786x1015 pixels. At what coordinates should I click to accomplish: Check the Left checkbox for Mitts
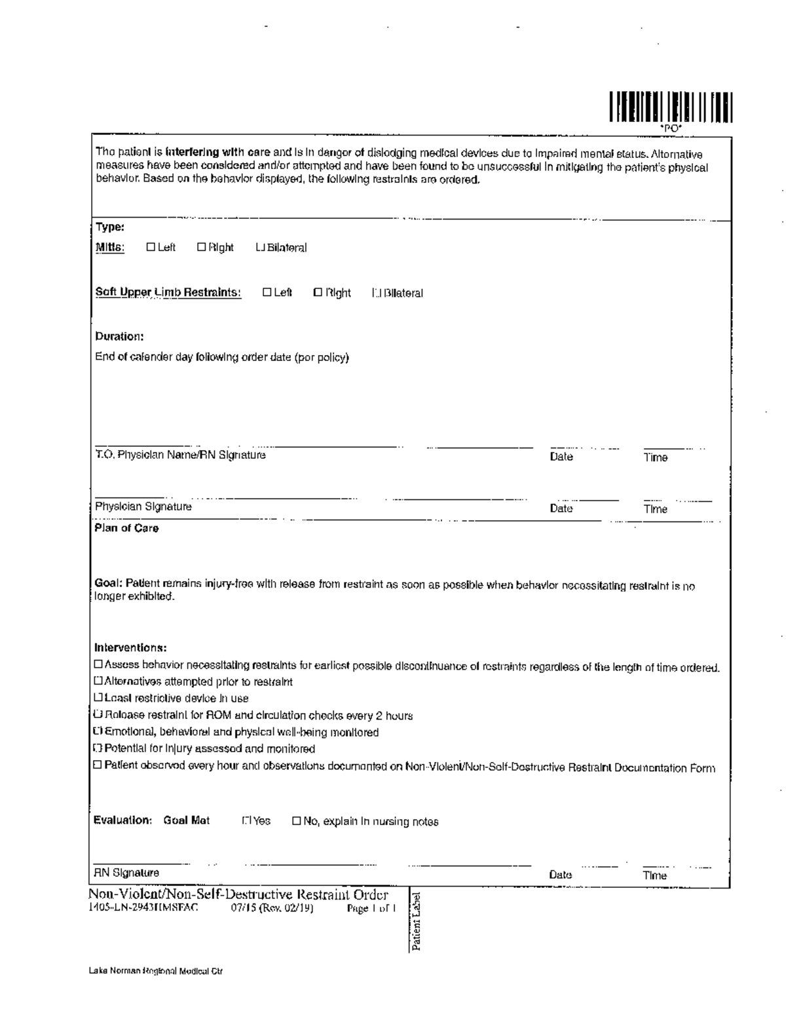(151, 247)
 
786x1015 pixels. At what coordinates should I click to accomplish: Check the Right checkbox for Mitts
(202, 247)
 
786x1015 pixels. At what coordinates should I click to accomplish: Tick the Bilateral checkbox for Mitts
(260, 248)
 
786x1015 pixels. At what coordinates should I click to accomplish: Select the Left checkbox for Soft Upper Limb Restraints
(267, 292)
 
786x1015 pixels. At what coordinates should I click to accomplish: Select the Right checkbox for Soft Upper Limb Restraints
(318, 292)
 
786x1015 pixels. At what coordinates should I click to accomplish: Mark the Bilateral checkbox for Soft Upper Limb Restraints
(376, 293)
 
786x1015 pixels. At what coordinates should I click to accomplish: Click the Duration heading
(119, 336)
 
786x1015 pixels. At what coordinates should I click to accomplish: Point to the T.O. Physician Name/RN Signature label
(180, 455)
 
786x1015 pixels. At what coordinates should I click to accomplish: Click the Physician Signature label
(143, 507)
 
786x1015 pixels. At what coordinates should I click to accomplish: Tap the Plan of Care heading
(126, 528)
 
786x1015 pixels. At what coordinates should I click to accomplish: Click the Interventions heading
(130, 647)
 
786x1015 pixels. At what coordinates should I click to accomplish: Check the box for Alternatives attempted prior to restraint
(99, 681)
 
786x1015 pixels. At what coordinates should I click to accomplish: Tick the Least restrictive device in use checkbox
(99, 698)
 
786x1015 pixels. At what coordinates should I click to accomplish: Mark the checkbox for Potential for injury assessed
(99, 748)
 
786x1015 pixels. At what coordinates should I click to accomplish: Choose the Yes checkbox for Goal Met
(246, 820)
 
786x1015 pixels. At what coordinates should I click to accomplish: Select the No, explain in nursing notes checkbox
(297, 820)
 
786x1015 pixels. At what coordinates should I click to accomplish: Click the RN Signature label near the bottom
(126, 873)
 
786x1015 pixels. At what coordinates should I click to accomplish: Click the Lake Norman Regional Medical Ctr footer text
(156, 971)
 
